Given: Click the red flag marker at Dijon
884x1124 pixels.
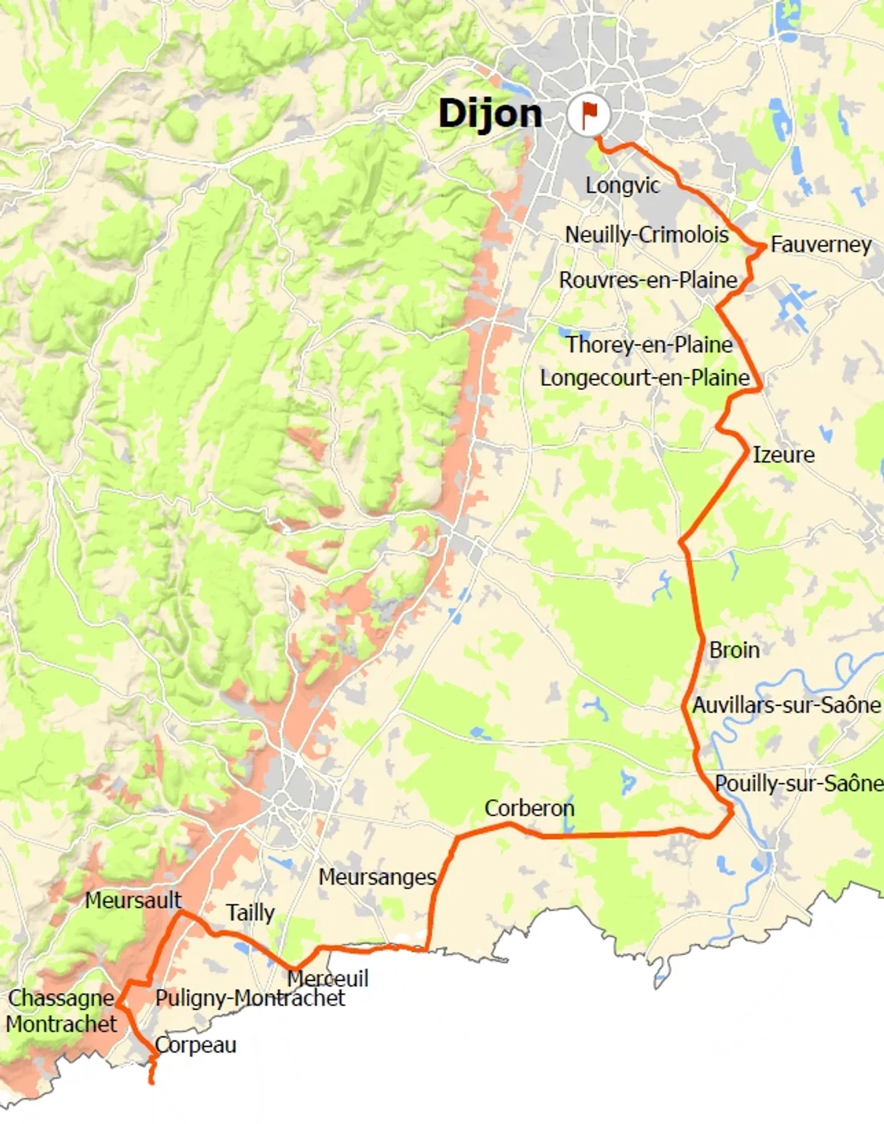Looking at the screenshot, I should pyautogui.click(x=589, y=114).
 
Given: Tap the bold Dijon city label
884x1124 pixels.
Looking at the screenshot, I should pyautogui.click(x=490, y=113).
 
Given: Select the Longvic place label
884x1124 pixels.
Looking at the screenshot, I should pyautogui.click(x=622, y=185).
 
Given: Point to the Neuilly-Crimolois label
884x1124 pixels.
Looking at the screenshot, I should pyautogui.click(x=647, y=235).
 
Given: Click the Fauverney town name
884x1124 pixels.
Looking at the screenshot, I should pyautogui.click(x=821, y=244).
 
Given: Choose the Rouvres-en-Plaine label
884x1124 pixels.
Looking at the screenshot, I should pyautogui.click(x=648, y=280).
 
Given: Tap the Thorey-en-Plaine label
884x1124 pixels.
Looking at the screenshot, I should pyautogui.click(x=649, y=344).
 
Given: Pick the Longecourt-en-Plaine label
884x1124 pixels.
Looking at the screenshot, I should pyautogui.click(x=645, y=378).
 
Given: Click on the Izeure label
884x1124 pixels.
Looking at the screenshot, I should pyautogui.click(x=783, y=455).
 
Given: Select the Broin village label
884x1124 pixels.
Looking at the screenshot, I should pyautogui.click(x=734, y=650).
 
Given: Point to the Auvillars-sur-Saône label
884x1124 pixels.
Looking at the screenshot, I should pyautogui.click(x=787, y=705).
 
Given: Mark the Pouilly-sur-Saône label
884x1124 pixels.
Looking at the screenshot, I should pyautogui.click(x=799, y=783).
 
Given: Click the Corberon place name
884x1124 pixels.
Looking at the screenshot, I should pyautogui.click(x=530, y=808).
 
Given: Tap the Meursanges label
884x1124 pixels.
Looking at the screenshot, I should pyautogui.click(x=377, y=876).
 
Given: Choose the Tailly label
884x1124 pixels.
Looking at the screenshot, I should pyautogui.click(x=250, y=913).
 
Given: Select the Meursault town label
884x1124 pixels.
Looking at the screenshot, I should pyautogui.click(x=133, y=900).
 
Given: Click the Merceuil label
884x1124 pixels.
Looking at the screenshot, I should pyautogui.click(x=328, y=978).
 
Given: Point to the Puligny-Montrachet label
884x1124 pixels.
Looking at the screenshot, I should pyautogui.click(x=250, y=998).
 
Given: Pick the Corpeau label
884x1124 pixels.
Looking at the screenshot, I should pyautogui.click(x=195, y=1044).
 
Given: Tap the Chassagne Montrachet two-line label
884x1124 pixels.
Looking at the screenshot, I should pyautogui.click(x=61, y=1011).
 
